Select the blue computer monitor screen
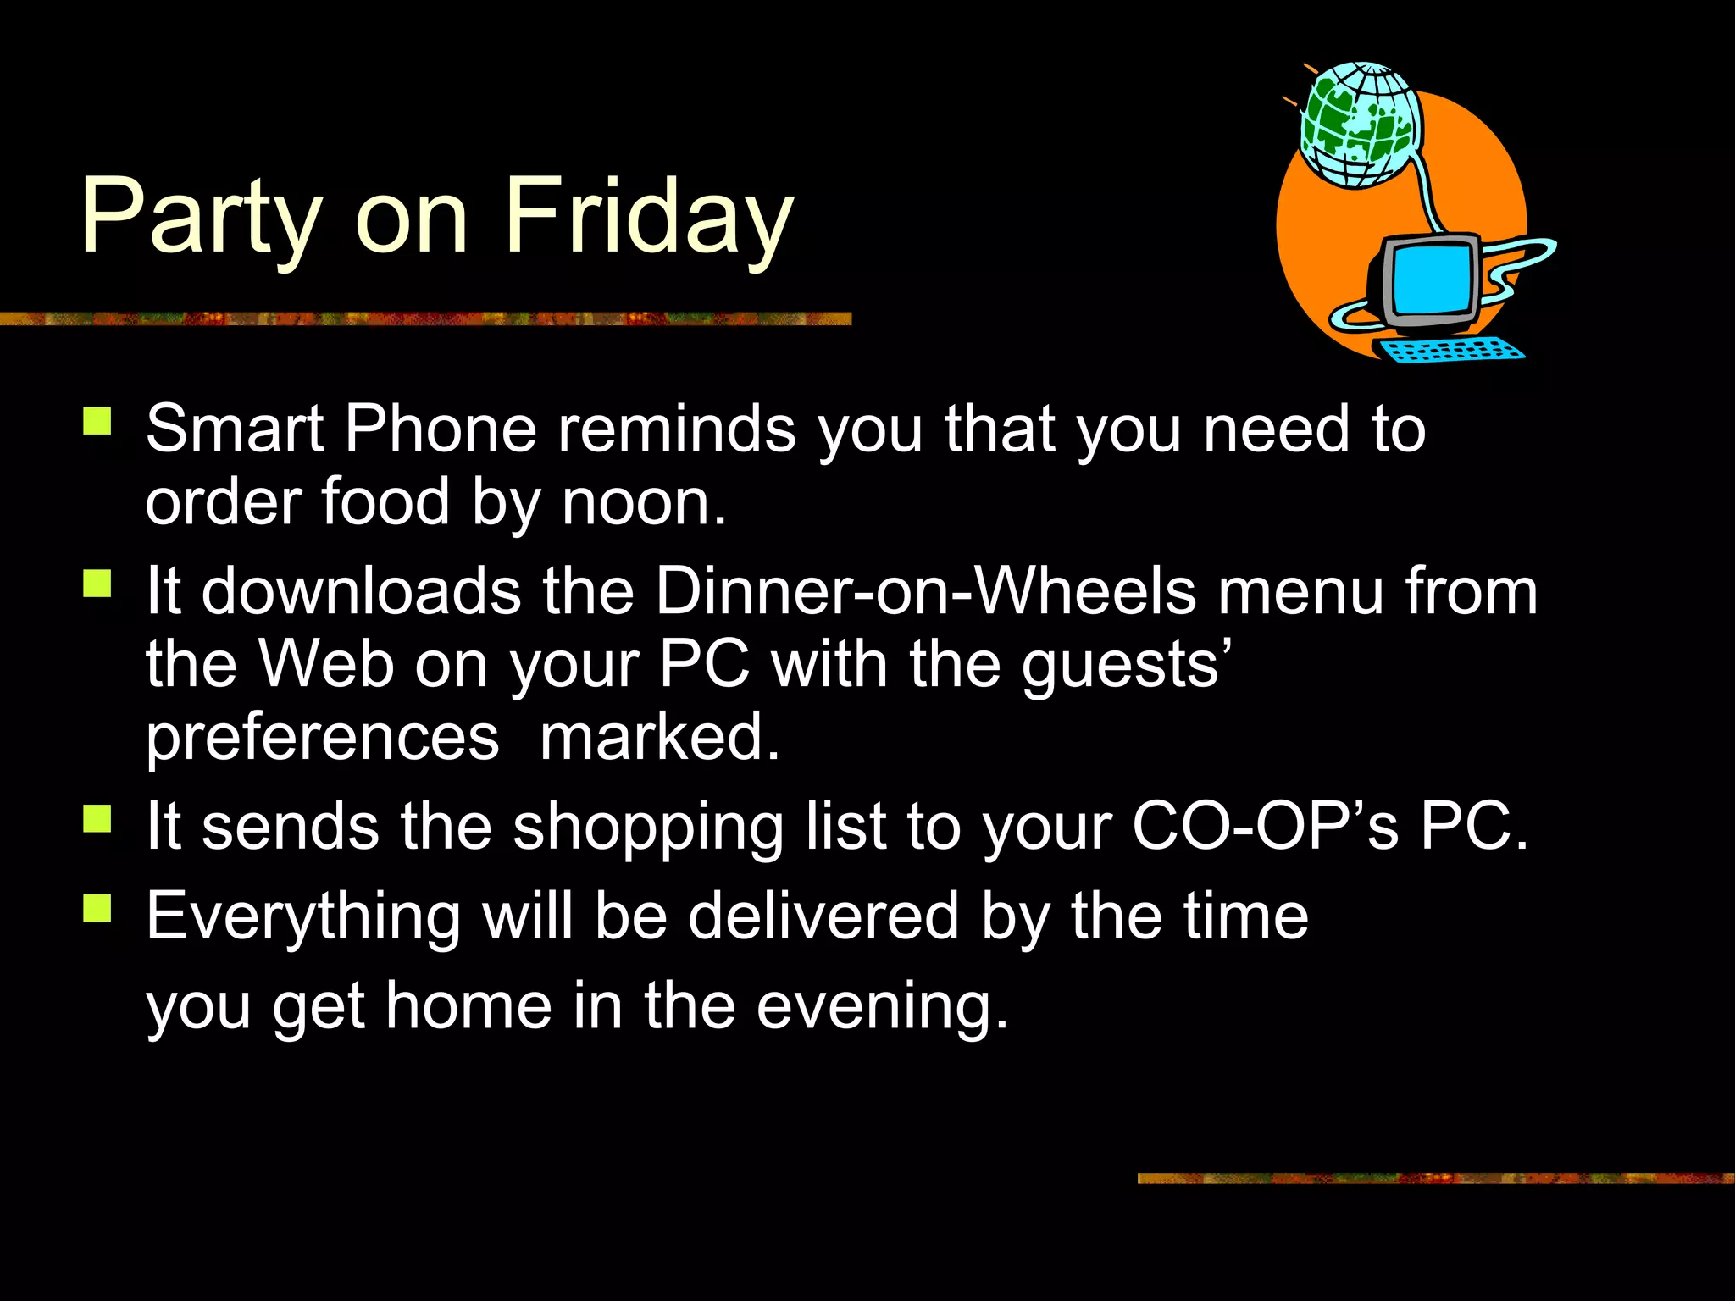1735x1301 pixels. [x=1430, y=278]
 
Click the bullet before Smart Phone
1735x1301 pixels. [x=97, y=421]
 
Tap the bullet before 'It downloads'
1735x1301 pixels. [x=97, y=584]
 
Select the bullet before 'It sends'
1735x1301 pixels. [x=97, y=819]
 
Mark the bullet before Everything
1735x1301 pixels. [x=97, y=908]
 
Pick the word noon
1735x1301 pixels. [x=644, y=503]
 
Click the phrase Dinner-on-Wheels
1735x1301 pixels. [x=926, y=590]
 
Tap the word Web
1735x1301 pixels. [x=326, y=663]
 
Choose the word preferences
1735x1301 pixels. [x=323, y=738]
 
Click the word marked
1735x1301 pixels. [x=659, y=737]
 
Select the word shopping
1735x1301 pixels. [x=649, y=827]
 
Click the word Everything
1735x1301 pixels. [x=303, y=916]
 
